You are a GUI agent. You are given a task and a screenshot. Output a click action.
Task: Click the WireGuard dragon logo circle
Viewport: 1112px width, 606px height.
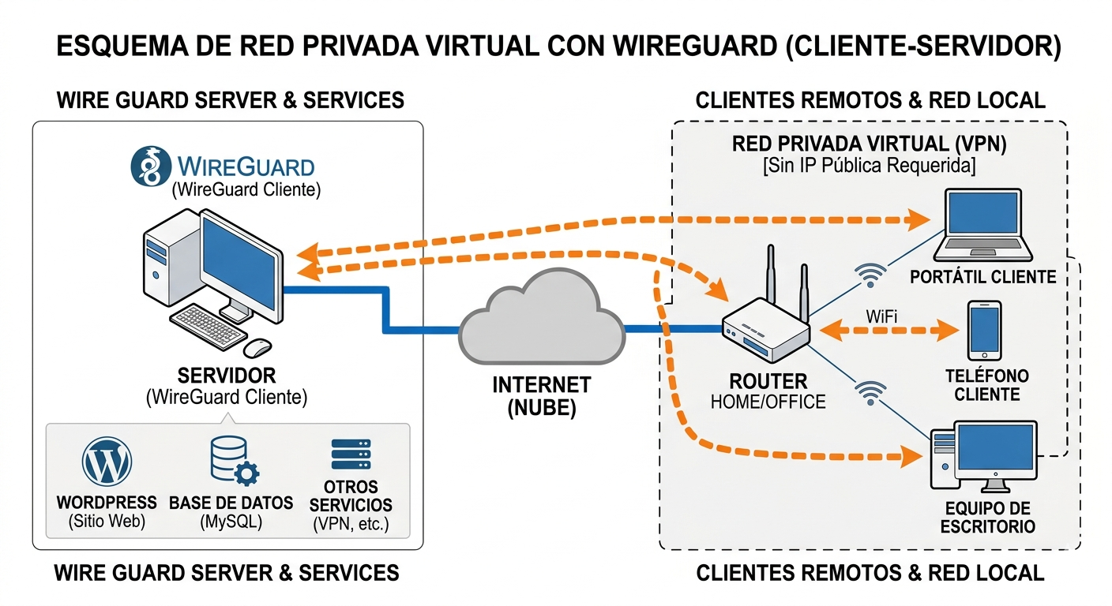coord(151,166)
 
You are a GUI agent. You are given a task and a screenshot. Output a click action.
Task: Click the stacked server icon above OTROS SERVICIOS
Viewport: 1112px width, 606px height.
coord(351,455)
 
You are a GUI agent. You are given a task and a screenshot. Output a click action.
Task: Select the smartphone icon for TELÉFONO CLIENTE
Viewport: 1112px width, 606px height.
coord(984,331)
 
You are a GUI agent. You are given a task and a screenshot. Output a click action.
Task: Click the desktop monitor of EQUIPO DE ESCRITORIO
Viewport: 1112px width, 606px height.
coord(994,452)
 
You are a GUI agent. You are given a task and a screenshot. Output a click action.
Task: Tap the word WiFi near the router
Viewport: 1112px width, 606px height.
coord(882,316)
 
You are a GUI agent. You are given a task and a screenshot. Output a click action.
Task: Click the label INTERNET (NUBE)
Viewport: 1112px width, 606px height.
coord(542,397)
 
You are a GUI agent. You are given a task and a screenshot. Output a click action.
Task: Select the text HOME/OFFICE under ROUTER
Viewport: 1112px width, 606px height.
coord(768,402)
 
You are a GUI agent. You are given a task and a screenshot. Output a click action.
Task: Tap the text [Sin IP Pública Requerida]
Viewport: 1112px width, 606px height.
coord(870,166)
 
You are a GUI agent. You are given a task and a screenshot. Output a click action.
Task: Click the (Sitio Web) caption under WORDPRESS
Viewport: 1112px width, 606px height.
coord(107,522)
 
